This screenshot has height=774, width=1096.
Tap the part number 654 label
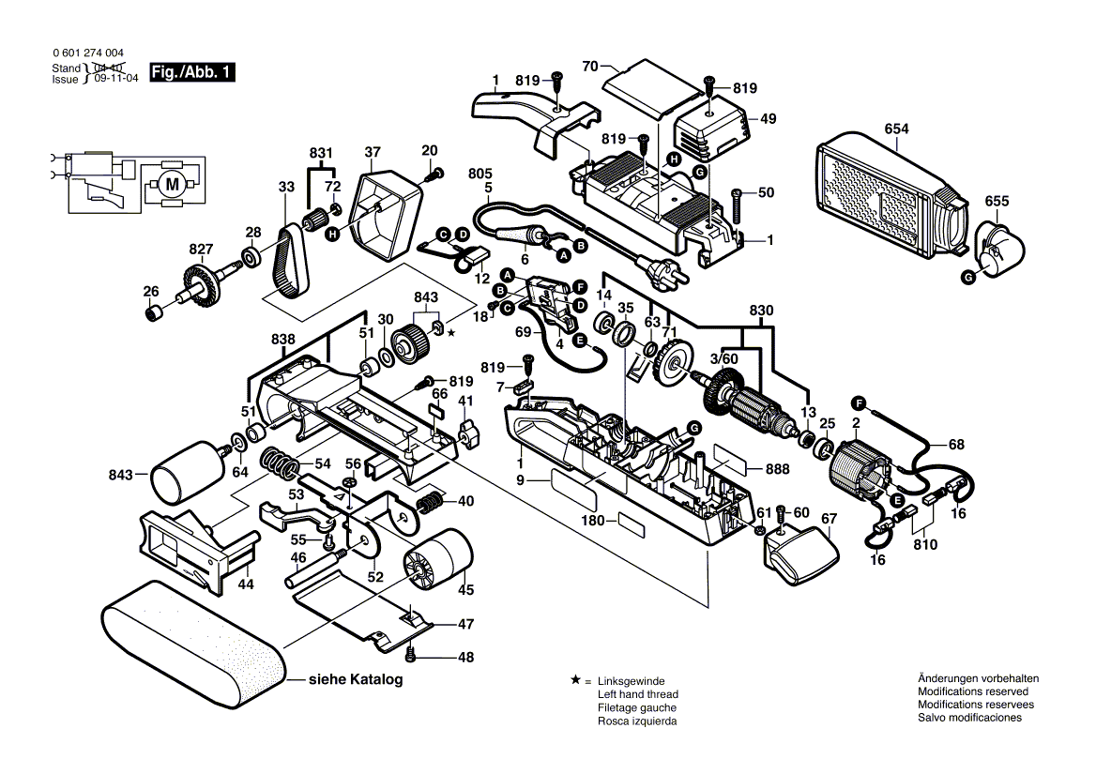point(896,129)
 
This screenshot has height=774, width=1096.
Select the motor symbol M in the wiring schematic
point(172,184)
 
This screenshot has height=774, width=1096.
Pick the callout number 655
point(997,202)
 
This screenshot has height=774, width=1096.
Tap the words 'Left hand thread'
point(636,694)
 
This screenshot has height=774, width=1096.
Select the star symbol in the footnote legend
point(574,679)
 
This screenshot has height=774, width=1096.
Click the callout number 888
point(778,469)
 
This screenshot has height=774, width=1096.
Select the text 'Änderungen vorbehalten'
point(978,678)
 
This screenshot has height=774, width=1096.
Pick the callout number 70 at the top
point(589,66)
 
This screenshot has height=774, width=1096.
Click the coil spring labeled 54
point(280,462)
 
